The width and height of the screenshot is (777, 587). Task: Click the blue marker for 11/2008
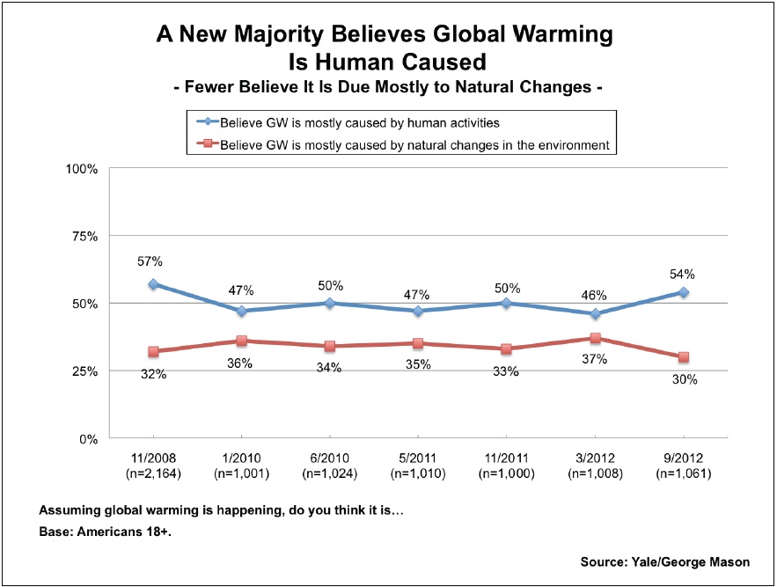click(153, 284)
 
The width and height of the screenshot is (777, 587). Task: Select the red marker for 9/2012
click(683, 357)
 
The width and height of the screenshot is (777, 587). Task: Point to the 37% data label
click(594, 359)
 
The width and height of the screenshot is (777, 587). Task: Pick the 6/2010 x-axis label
click(329, 459)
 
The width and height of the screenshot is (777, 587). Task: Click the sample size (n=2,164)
click(153, 473)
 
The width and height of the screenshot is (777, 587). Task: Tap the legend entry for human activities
click(344, 121)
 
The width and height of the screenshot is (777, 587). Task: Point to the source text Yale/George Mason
click(665, 561)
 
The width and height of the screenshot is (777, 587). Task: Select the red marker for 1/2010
click(241, 341)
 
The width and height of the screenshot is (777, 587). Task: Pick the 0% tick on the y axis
click(87, 438)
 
